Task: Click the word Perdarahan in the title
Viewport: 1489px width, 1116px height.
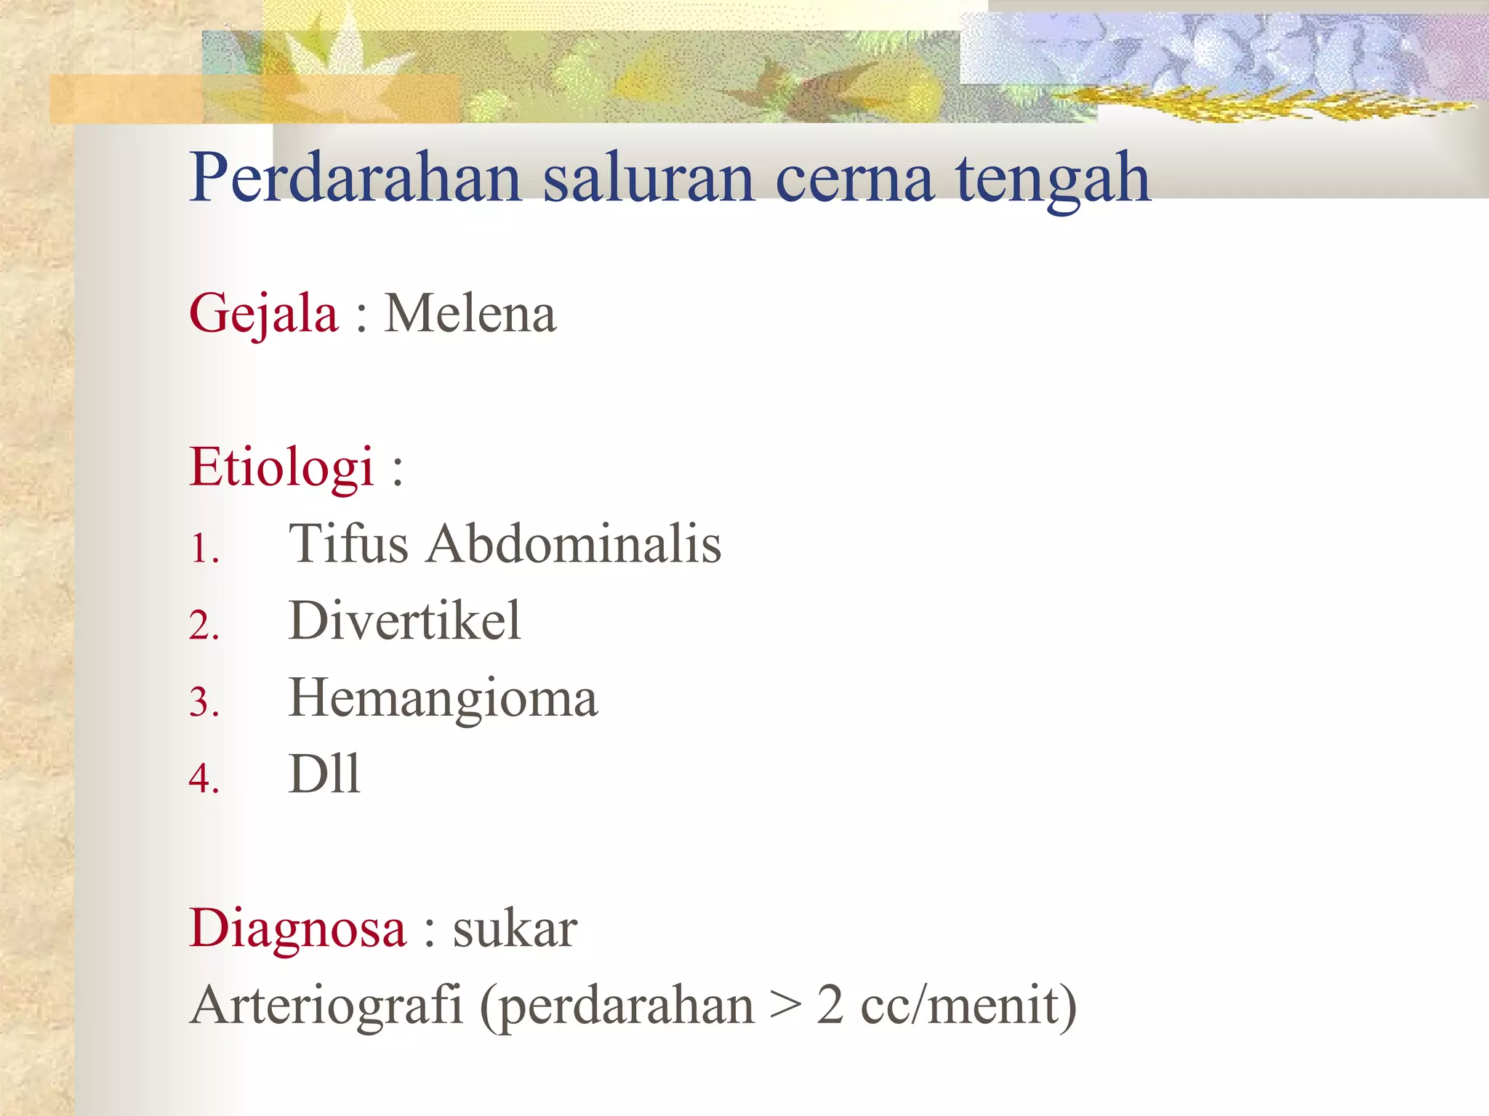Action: (x=356, y=178)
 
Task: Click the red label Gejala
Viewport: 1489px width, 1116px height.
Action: (x=263, y=315)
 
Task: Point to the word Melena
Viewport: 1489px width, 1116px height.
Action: (x=470, y=314)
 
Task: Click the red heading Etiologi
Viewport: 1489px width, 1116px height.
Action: (x=281, y=466)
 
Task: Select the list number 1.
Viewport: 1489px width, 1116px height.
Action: (x=204, y=549)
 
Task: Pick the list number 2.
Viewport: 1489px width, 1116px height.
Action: (x=204, y=626)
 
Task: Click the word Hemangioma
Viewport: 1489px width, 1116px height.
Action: (x=443, y=699)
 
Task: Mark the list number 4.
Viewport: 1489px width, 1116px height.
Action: (x=204, y=779)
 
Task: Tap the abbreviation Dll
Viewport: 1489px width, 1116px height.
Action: (x=324, y=775)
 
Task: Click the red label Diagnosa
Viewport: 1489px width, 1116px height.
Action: (x=297, y=929)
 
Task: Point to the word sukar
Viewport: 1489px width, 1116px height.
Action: (x=515, y=929)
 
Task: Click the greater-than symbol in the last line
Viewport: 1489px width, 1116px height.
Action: (x=785, y=1007)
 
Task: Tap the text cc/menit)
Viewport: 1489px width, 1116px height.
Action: (x=968, y=1006)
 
